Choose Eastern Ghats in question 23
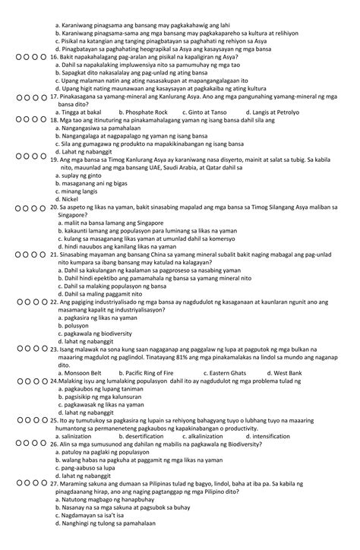(227, 373)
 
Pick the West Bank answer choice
(288, 373)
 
